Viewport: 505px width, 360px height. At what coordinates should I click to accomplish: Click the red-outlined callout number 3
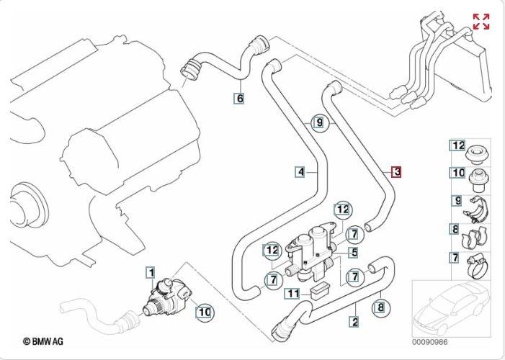[396, 172]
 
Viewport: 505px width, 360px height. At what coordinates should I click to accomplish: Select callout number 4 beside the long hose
[300, 172]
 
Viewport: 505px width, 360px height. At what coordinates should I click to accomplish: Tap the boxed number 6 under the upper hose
[239, 98]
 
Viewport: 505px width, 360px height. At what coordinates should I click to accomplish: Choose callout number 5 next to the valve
[354, 253]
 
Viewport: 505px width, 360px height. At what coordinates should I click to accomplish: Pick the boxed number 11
[291, 293]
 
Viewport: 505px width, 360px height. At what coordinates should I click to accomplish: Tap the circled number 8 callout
[380, 309]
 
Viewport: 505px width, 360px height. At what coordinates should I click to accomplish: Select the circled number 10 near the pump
[204, 312]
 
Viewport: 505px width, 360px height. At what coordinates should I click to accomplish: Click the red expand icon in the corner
[481, 22]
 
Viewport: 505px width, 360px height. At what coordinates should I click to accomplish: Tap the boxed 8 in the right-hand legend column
[455, 230]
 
